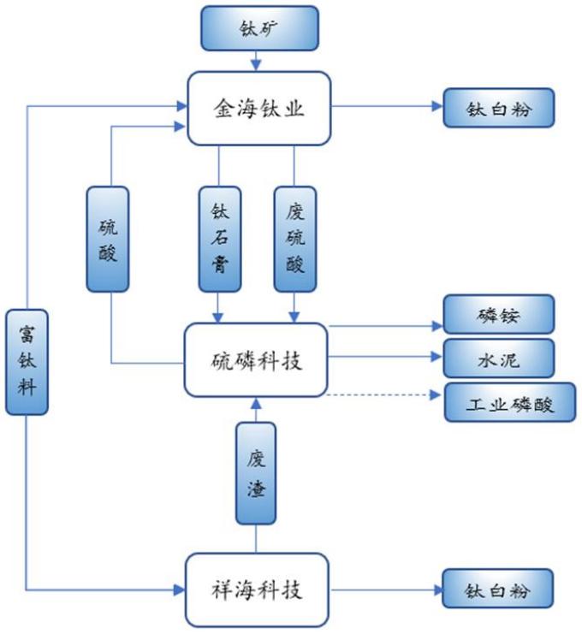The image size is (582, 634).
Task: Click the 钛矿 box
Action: [258, 27]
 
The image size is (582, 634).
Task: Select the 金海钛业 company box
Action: [258, 108]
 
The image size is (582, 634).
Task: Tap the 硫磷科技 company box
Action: [256, 360]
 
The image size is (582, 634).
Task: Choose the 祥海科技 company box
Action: [257, 590]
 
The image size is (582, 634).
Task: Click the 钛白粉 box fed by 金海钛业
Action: [499, 108]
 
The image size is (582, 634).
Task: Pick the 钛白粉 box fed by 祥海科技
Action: [499, 590]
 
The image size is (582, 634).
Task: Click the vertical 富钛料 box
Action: [26, 363]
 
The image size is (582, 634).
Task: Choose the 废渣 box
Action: [256, 473]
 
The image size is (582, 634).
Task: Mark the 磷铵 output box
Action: [499, 314]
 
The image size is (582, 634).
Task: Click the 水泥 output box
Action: [499, 358]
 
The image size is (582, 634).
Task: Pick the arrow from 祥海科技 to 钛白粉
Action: [385, 590]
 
